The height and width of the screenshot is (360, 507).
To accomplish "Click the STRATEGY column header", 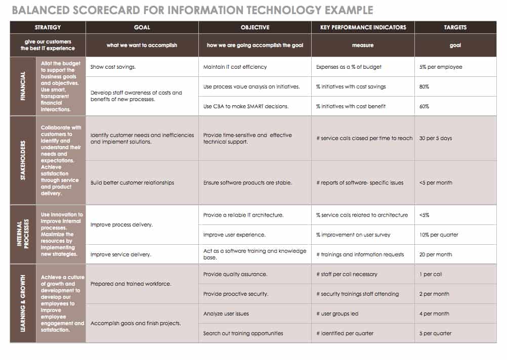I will tap(48, 27).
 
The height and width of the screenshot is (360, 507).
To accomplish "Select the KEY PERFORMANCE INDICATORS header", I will tap(363, 27).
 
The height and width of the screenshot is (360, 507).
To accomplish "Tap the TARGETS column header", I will tap(455, 27).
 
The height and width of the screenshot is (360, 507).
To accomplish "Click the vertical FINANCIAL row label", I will tap(23, 86).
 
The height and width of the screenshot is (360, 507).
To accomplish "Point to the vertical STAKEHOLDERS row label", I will tap(23, 160).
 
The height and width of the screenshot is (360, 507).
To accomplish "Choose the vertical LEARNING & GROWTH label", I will tap(23, 303).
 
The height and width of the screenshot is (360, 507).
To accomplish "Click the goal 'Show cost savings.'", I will tap(113, 67).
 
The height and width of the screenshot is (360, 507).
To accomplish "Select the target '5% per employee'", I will tap(441, 67).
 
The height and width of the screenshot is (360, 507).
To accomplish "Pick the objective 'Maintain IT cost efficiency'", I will tap(235, 67).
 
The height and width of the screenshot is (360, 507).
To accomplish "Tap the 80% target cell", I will tap(425, 86).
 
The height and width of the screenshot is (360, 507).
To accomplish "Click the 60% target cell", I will tap(425, 106).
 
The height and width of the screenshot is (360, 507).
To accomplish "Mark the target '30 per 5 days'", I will tap(436, 138).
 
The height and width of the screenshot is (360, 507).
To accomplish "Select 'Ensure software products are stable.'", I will tap(247, 183).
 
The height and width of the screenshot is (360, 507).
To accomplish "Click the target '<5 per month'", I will tap(436, 183).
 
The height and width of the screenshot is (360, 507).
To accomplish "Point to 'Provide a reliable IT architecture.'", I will tap(243, 215).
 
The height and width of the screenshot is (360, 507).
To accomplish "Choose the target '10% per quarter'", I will tap(439, 235).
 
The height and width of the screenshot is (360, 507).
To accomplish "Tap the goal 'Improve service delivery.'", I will tap(120, 254).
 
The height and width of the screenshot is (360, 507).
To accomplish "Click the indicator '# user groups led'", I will tap(337, 313).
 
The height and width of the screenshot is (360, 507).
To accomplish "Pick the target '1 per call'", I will tap(431, 274).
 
